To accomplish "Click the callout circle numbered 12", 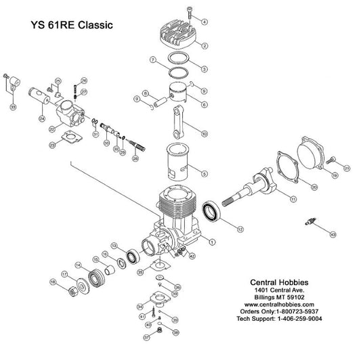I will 238,229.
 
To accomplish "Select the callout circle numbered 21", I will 347,168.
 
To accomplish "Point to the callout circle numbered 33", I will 12,106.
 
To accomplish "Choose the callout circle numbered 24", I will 41,118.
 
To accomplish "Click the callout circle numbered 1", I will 211,241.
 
